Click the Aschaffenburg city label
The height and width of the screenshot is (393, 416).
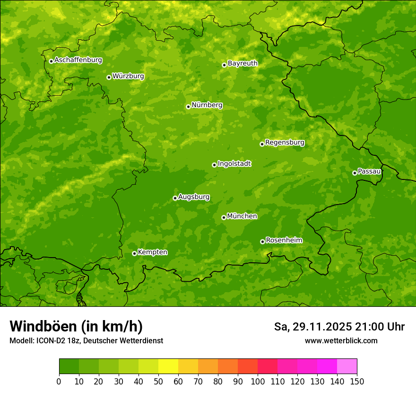point(78,60)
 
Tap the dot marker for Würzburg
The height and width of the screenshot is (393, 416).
point(109,77)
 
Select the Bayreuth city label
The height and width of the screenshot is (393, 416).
point(243,63)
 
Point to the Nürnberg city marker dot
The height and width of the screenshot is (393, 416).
point(188,107)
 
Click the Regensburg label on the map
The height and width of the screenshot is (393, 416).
point(285,143)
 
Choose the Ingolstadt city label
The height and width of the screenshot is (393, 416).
point(234,164)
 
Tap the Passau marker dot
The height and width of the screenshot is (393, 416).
point(355,173)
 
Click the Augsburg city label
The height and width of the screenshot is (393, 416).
point(194,197)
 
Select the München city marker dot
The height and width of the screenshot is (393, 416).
point(224,217)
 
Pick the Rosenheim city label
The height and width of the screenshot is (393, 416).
point(284,241)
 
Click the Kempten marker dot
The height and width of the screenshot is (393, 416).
point(134,253)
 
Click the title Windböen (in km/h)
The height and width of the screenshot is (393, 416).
point(76,326)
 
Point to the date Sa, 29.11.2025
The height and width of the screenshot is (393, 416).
point(312,327)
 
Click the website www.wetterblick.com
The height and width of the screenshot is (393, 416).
point(341,340)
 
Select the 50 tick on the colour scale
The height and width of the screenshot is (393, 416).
point(158,382)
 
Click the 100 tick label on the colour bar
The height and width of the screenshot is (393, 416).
point(258,382)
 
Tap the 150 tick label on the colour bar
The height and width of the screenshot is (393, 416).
point(357,382)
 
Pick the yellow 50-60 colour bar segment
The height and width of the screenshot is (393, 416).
point(168,366)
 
